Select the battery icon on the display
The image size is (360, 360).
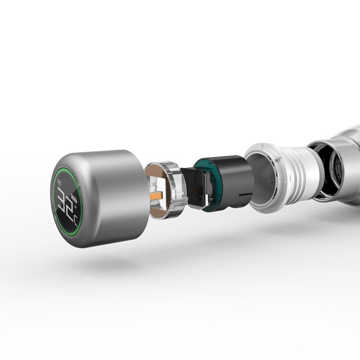coord(73,197)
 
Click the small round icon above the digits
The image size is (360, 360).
coord(59,182)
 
